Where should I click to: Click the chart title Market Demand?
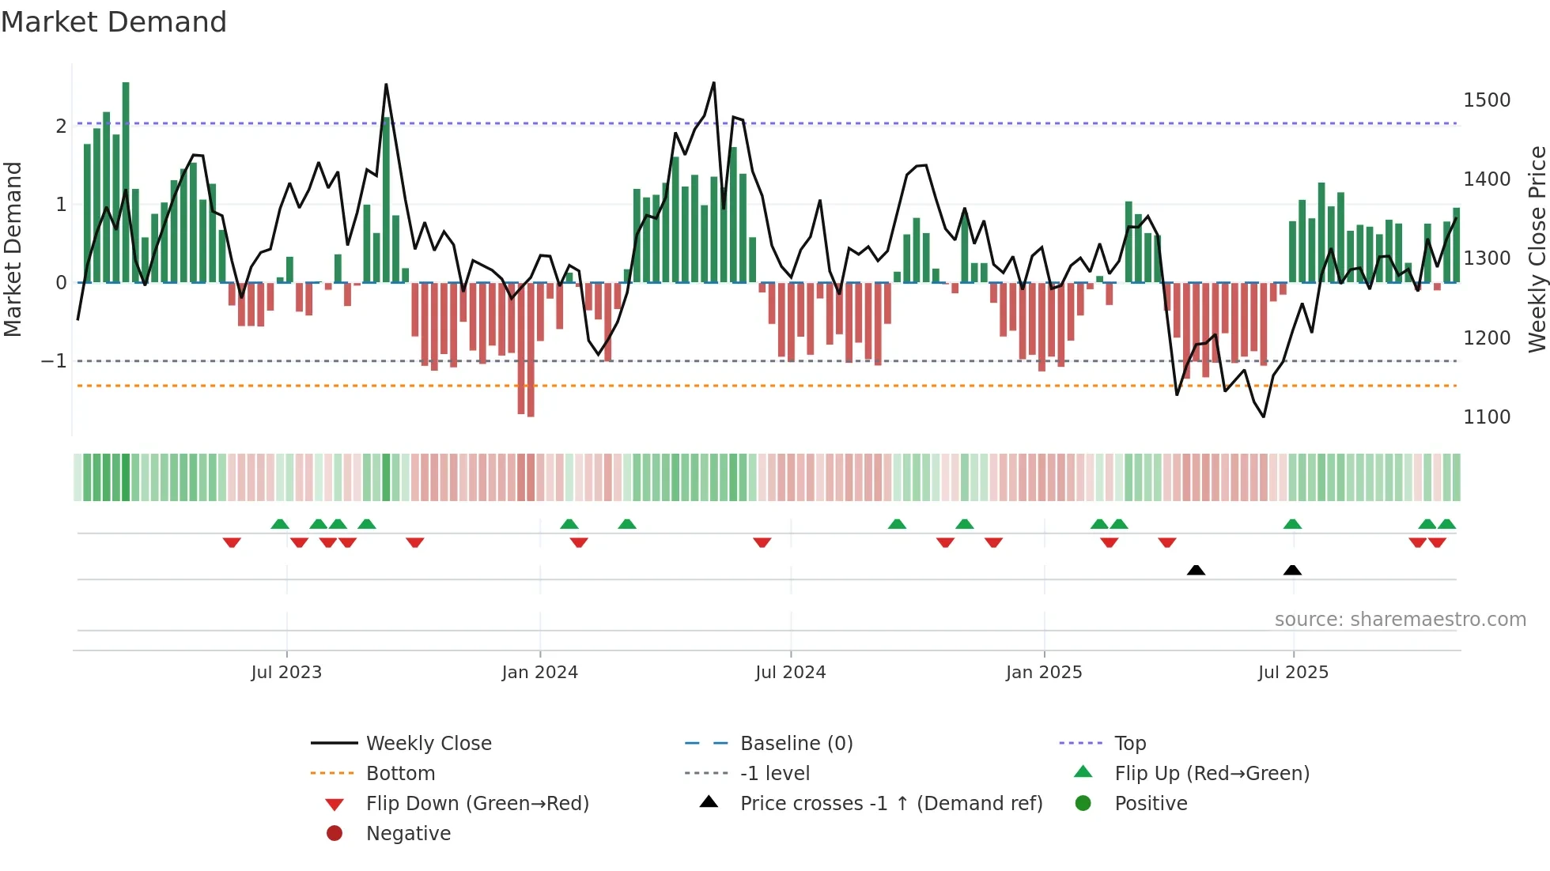tap(114, 22)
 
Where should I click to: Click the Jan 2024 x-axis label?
tap(539, 673)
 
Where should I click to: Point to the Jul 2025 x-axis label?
tap(1293, 673)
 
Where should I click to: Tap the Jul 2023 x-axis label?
tap(286, 673)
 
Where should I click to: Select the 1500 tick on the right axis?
tap(1486, 100)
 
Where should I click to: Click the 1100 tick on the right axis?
tap(1486, 417)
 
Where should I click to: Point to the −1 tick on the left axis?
tap(54, 361)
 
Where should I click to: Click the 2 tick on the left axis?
tap(61, 126)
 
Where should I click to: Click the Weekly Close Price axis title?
tap(1537, 249)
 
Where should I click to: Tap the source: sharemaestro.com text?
tap(1400, 620)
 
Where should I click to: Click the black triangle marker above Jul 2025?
tap(1292, 570)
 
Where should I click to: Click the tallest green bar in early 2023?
tap(126, 182)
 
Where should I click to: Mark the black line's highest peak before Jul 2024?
tap(714, 83)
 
